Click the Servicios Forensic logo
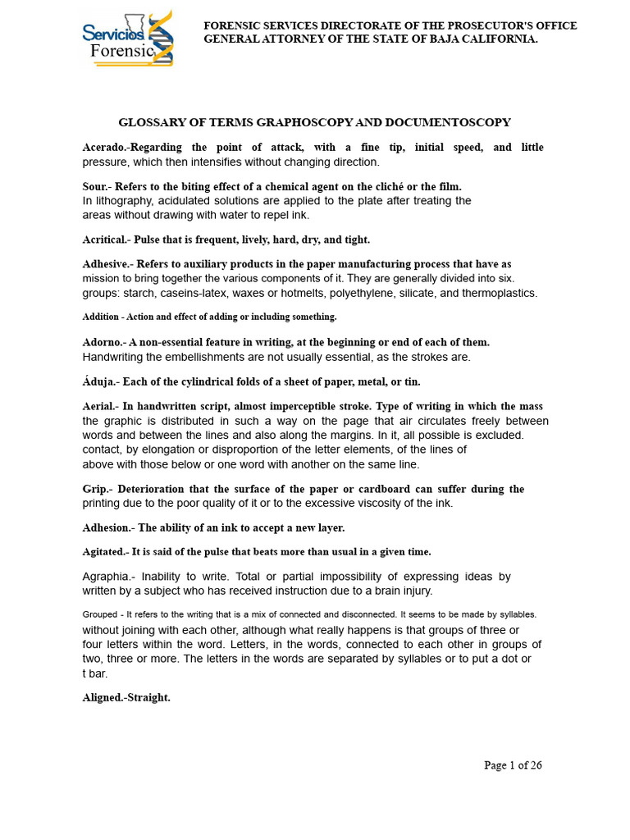pyautogui.click(x=128, y=39)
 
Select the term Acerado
pyautogui.click(x=105, y=148)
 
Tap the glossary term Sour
pyautogui.click(x=95, y=186)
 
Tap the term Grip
pyautogui.click(x=95, y=489)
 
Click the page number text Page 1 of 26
pyautogui.click(x=513, y=765)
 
